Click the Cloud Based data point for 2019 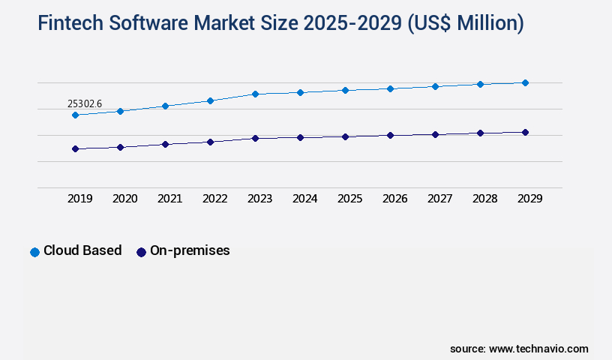(75, 115)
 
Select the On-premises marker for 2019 (75, 148)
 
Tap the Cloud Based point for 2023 (255, 94)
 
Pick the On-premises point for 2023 (255, 138)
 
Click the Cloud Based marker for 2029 (525, 82)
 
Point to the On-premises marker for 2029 (525, 132)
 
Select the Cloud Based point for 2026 (390, 88)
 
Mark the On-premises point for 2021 (165, 144)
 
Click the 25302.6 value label (85, 103)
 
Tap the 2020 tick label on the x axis (125, 199)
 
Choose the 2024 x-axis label (305, 199)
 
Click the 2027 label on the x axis (440, 199)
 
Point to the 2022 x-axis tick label (215, 199)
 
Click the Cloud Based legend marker (34, 252)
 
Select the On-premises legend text (190, 250)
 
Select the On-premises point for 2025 (345, 136)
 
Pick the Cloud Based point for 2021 (165, 106)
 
